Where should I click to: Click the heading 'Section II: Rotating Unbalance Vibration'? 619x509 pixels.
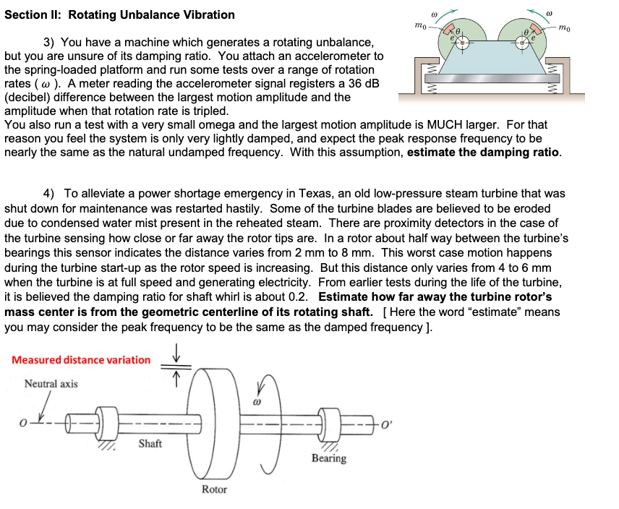pyautogui.click(x=119, y=14)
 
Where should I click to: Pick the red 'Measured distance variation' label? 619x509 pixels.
pyautogui.click(x=81, y=359)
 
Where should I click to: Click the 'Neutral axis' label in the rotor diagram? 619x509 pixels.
pyautogui.click(x=51, y=383)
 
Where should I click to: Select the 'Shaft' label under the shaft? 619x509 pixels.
pyautogui.click(x=150, y=443)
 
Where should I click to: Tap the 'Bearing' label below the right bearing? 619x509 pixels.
pyautogui.click(x=328, y=458)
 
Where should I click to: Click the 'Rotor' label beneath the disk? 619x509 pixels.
pyautogui.click(x=214, y=489)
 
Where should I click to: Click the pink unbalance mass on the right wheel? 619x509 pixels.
pyautogui.click(x=534, y=35)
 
